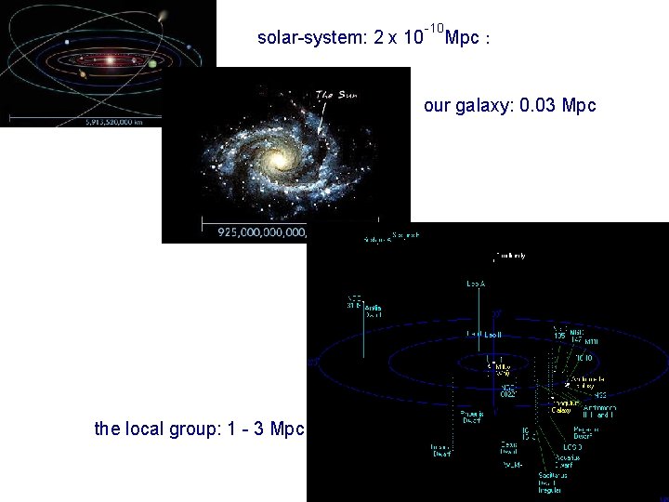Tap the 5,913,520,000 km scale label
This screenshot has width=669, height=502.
click(x=87, y=119)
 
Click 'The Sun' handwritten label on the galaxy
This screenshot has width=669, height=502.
click(x=335, y=94)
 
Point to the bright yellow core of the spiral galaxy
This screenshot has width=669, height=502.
click(x=277, y=163)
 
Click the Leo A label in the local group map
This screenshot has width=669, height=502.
click(x=476, y=283)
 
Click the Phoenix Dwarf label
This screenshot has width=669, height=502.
click(x=471, y=416)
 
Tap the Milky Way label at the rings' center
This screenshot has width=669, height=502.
click(x=502, y=369)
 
